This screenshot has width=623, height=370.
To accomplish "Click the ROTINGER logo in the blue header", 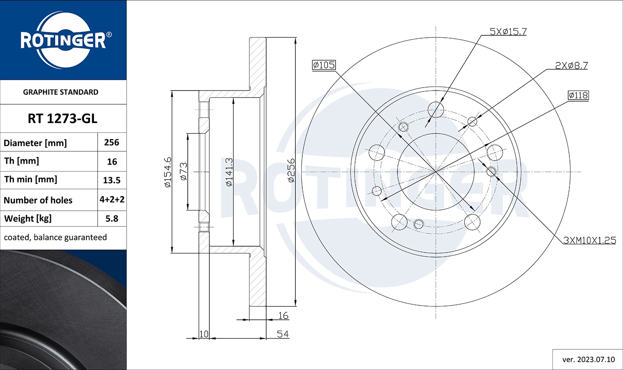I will [x=64, y=40].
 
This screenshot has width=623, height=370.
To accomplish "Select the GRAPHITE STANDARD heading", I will [x=61, y=92].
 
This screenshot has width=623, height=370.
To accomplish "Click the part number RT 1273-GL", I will [x=62, y=119].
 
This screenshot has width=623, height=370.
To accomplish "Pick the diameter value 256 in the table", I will [x=112, y=142].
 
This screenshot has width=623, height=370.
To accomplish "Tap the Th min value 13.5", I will [x=112, y=180].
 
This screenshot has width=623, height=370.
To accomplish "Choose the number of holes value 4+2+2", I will [x=112, y=200].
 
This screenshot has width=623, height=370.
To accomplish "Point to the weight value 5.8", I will [x=112, y=218].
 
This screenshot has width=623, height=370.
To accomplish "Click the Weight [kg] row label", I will [x=27, y=218].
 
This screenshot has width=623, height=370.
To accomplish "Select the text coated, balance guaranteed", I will [x=55, y=238].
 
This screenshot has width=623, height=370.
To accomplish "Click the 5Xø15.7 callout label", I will [x=508, y=32].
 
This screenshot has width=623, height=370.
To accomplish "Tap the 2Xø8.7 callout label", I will [x=571, y=65].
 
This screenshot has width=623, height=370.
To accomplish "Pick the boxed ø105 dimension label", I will [x=324, y=65].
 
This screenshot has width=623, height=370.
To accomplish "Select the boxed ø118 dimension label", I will [x=578, y=95].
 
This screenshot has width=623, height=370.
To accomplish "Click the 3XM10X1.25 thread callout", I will [x=589, y=240].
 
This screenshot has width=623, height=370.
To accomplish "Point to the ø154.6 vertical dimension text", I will [x=167, y=172].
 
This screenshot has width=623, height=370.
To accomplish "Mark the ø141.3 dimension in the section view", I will [x=229, y=172].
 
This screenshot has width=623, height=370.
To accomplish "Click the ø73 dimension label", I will [x=183, y=171].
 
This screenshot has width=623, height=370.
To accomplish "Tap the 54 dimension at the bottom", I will [x=282, y=334].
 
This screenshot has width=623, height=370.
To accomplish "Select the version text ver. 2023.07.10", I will [x=588, y=359].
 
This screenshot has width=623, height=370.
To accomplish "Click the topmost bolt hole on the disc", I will [x=436, y=109].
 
